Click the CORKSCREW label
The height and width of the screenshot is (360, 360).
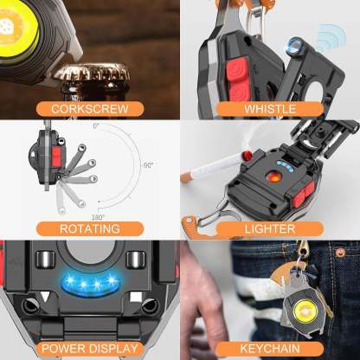(89, 109)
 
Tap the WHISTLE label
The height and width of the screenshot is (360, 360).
(270, 109)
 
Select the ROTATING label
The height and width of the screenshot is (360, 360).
(89, 228)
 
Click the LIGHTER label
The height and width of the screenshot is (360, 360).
(270, 228)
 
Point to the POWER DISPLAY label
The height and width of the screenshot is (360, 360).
(89, 349)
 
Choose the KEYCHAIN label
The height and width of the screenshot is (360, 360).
(270, 349)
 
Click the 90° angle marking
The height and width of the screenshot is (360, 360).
(148, 164)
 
